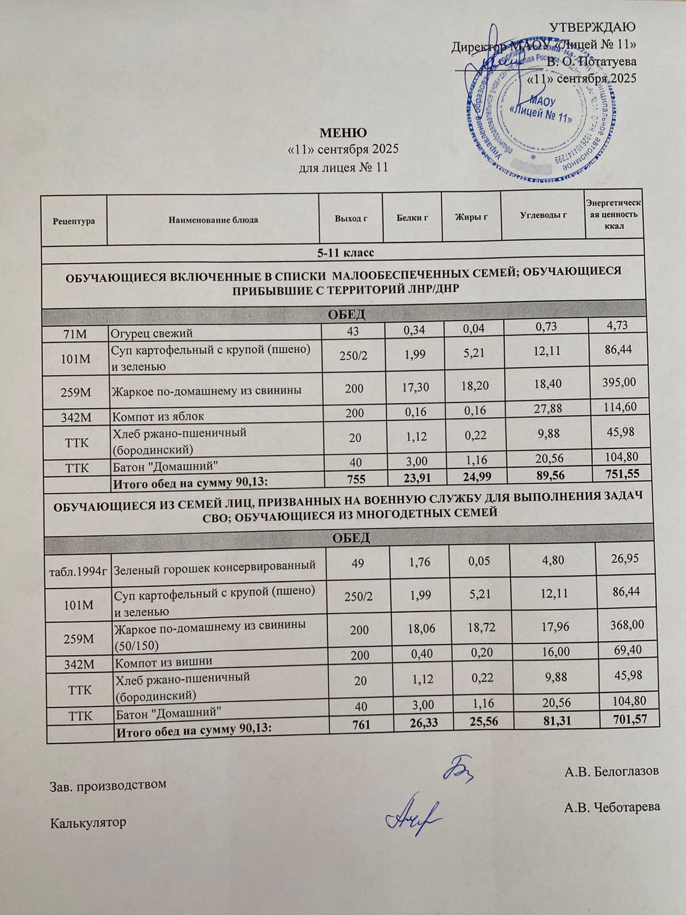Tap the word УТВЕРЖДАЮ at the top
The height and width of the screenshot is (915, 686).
593,27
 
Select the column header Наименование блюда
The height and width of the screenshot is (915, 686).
213,220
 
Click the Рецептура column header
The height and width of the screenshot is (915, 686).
74,220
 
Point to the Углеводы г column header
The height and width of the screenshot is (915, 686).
543,216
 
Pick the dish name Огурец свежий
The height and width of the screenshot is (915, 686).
152,333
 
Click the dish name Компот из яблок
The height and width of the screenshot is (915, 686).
158,416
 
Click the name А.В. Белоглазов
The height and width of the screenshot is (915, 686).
611,772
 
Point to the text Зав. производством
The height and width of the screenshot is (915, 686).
109,784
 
